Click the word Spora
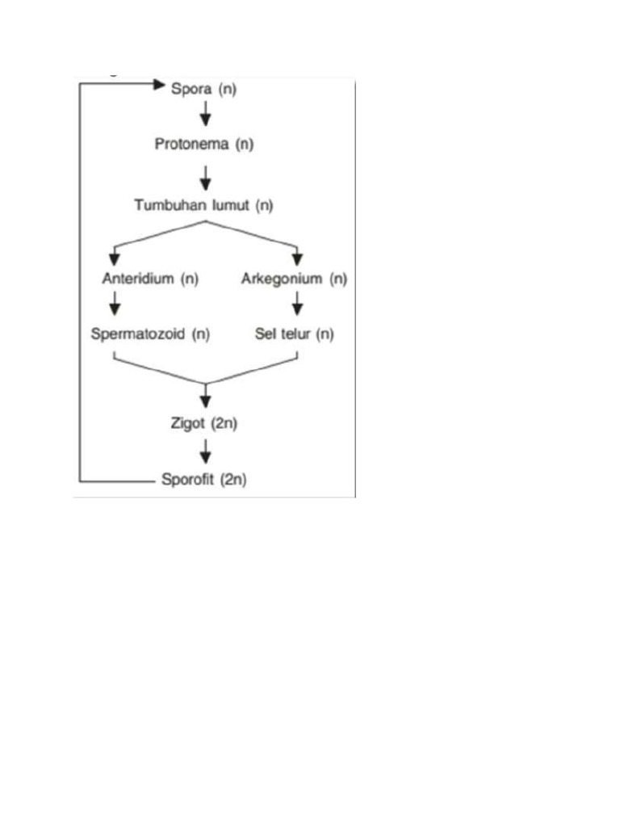[x=191, y=89]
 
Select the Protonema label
[x=192, y=144]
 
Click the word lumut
[x=231, y=204]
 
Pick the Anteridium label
[x=138, y=278]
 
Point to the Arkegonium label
[x=282, y=279]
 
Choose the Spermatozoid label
[x=137, y=334]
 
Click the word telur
[x=296, y=334]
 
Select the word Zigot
[x=187, y=423]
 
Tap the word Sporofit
[x=188, y=479]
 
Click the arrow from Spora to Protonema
[x=206, y=113]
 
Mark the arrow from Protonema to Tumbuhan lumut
[x=206, y=178]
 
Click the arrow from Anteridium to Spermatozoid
[x=115, y=303]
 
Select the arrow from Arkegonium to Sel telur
[x=297, y=303]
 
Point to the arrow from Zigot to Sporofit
[x=206, y=451]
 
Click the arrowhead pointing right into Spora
[x=159, y=84]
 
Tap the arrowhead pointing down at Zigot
[x=206, y=401]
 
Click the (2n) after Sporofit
[x=233, y=479]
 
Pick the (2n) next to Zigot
[x=224, y=423]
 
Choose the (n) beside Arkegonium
[x=338, y=279]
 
